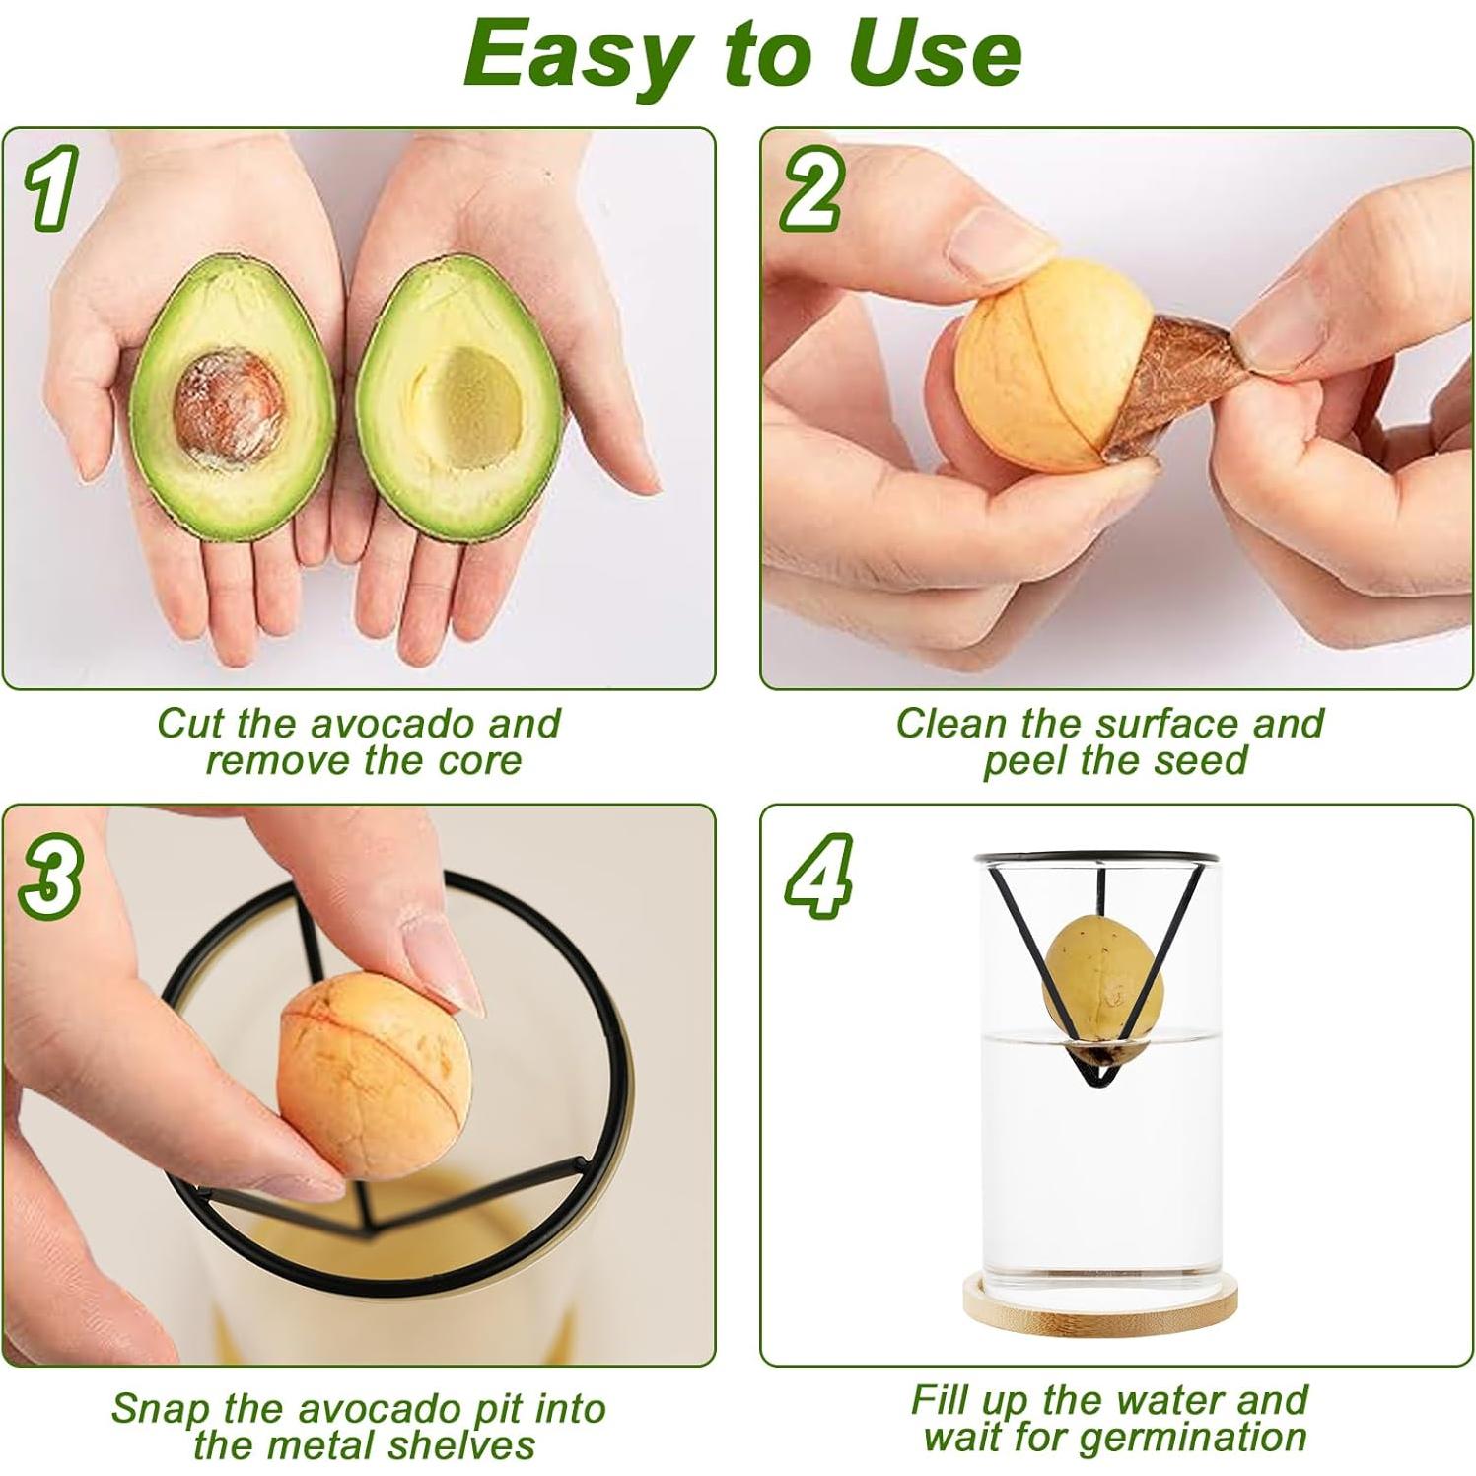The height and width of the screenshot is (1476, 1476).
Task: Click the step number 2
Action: tap(810, 191)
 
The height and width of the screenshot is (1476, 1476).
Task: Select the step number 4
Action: tap(817, 877)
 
